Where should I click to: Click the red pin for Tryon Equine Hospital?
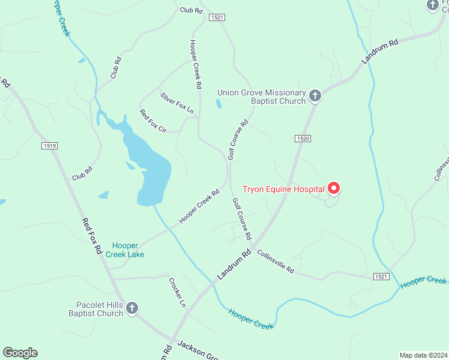pos(333,188)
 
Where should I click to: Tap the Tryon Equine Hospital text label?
pos(283,190)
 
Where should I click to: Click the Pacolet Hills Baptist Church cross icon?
pos(132,308)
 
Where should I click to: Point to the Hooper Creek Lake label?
pos(125,250)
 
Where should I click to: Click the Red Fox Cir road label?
pos(153,121)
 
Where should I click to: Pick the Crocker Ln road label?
pos(177,292)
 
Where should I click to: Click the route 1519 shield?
pos(50,145)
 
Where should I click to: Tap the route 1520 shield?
pos(303,139)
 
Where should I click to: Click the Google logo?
pos(20,353)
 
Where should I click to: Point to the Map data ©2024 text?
pos(423,355)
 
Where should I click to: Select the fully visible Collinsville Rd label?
pos(276,262)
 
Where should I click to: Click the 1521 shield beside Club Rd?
pos(217,18)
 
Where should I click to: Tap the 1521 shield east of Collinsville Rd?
pos(381,276)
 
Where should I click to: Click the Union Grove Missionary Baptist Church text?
pos(261,96)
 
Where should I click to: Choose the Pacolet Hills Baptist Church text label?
pos(96,309)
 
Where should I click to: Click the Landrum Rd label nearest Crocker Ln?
pos(234,264)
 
